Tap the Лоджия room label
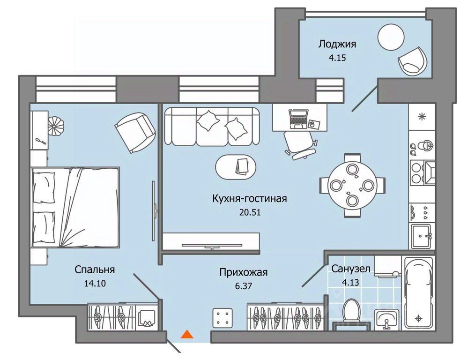click(337, 44)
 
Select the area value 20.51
click(250, 212)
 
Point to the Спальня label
click(95, 270)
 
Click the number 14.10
click(95, 283)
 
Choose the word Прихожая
click(244, 272)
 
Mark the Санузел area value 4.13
click(350, 283)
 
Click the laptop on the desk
click(299, 119)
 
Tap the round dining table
click(352, 186)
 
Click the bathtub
click(418, 293)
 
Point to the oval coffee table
click(235, 167)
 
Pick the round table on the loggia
click(391, 37)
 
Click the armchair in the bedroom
click(135, 133)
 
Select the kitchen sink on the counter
click(422, 236)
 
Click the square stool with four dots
click(223, 318)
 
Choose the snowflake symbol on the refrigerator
click(422, 117)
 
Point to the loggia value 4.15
click(337, 58)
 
